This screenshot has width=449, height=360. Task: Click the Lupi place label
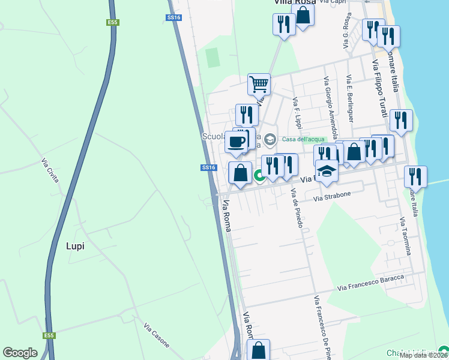pyautogui.click(x=75, y=246)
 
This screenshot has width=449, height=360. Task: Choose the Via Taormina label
pyautogui.click(x=405, y=236)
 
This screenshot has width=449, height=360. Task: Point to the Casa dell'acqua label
pyautogui.click(x=303, y=140)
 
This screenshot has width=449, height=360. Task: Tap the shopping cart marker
pyautogui.click(x=259, y=85)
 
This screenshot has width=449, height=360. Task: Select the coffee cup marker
pyautogui.click(x=237, y=142)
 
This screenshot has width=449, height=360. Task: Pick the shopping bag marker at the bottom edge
pyautogui.click(x=258, y=350)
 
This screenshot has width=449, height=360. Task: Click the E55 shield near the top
pyautogui.click(x=112, y=23)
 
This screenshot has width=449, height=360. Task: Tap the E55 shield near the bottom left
pyautogui.click(x=49, y=335)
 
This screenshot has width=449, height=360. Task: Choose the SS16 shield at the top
pyautogui.click(x=173, y=18)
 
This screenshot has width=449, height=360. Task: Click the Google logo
pyautogui.click(x=20, y=353)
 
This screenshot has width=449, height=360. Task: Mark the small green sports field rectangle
pyautogui.click(x=212, y=58)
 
